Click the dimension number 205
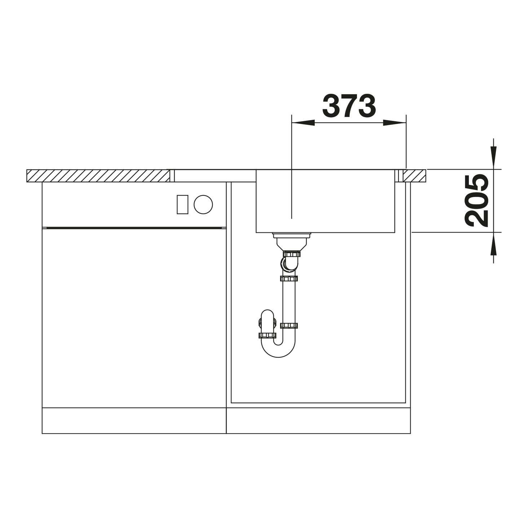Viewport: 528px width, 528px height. [x=477, y=201]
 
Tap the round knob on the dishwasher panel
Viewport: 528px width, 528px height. [x=203, y=204]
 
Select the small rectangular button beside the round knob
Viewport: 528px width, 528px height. [x=182, y=204]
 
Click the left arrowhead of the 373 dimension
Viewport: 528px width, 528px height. [x=303, y=123]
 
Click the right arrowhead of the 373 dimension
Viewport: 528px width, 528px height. [x=395, y=123]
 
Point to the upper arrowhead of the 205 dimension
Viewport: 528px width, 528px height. [x=493, y=158]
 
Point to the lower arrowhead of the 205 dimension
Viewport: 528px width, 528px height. [x=493, y=243]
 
